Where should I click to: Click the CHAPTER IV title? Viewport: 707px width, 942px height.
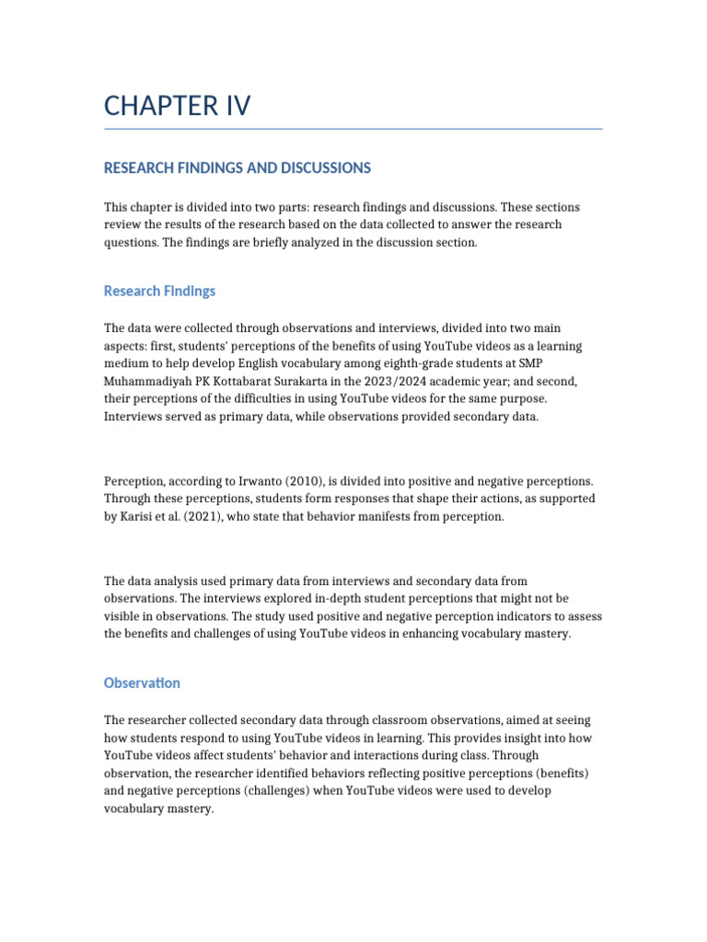(177, 107)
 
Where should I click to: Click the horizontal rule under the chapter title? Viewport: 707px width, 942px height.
(353, 129)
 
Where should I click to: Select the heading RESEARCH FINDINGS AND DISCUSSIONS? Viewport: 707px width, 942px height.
(238, 168)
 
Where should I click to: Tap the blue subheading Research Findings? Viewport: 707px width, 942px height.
(159, 291)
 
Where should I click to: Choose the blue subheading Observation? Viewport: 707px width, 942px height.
(142, 684)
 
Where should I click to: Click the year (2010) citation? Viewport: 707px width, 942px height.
(311, 481)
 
